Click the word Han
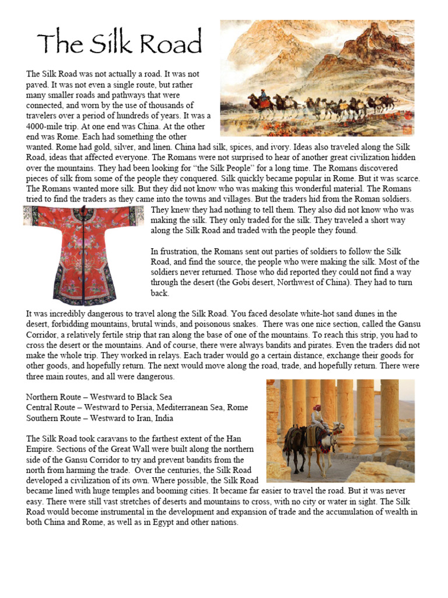(235, 439)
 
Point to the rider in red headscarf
(317, 416)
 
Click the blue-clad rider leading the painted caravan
(263, 95)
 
